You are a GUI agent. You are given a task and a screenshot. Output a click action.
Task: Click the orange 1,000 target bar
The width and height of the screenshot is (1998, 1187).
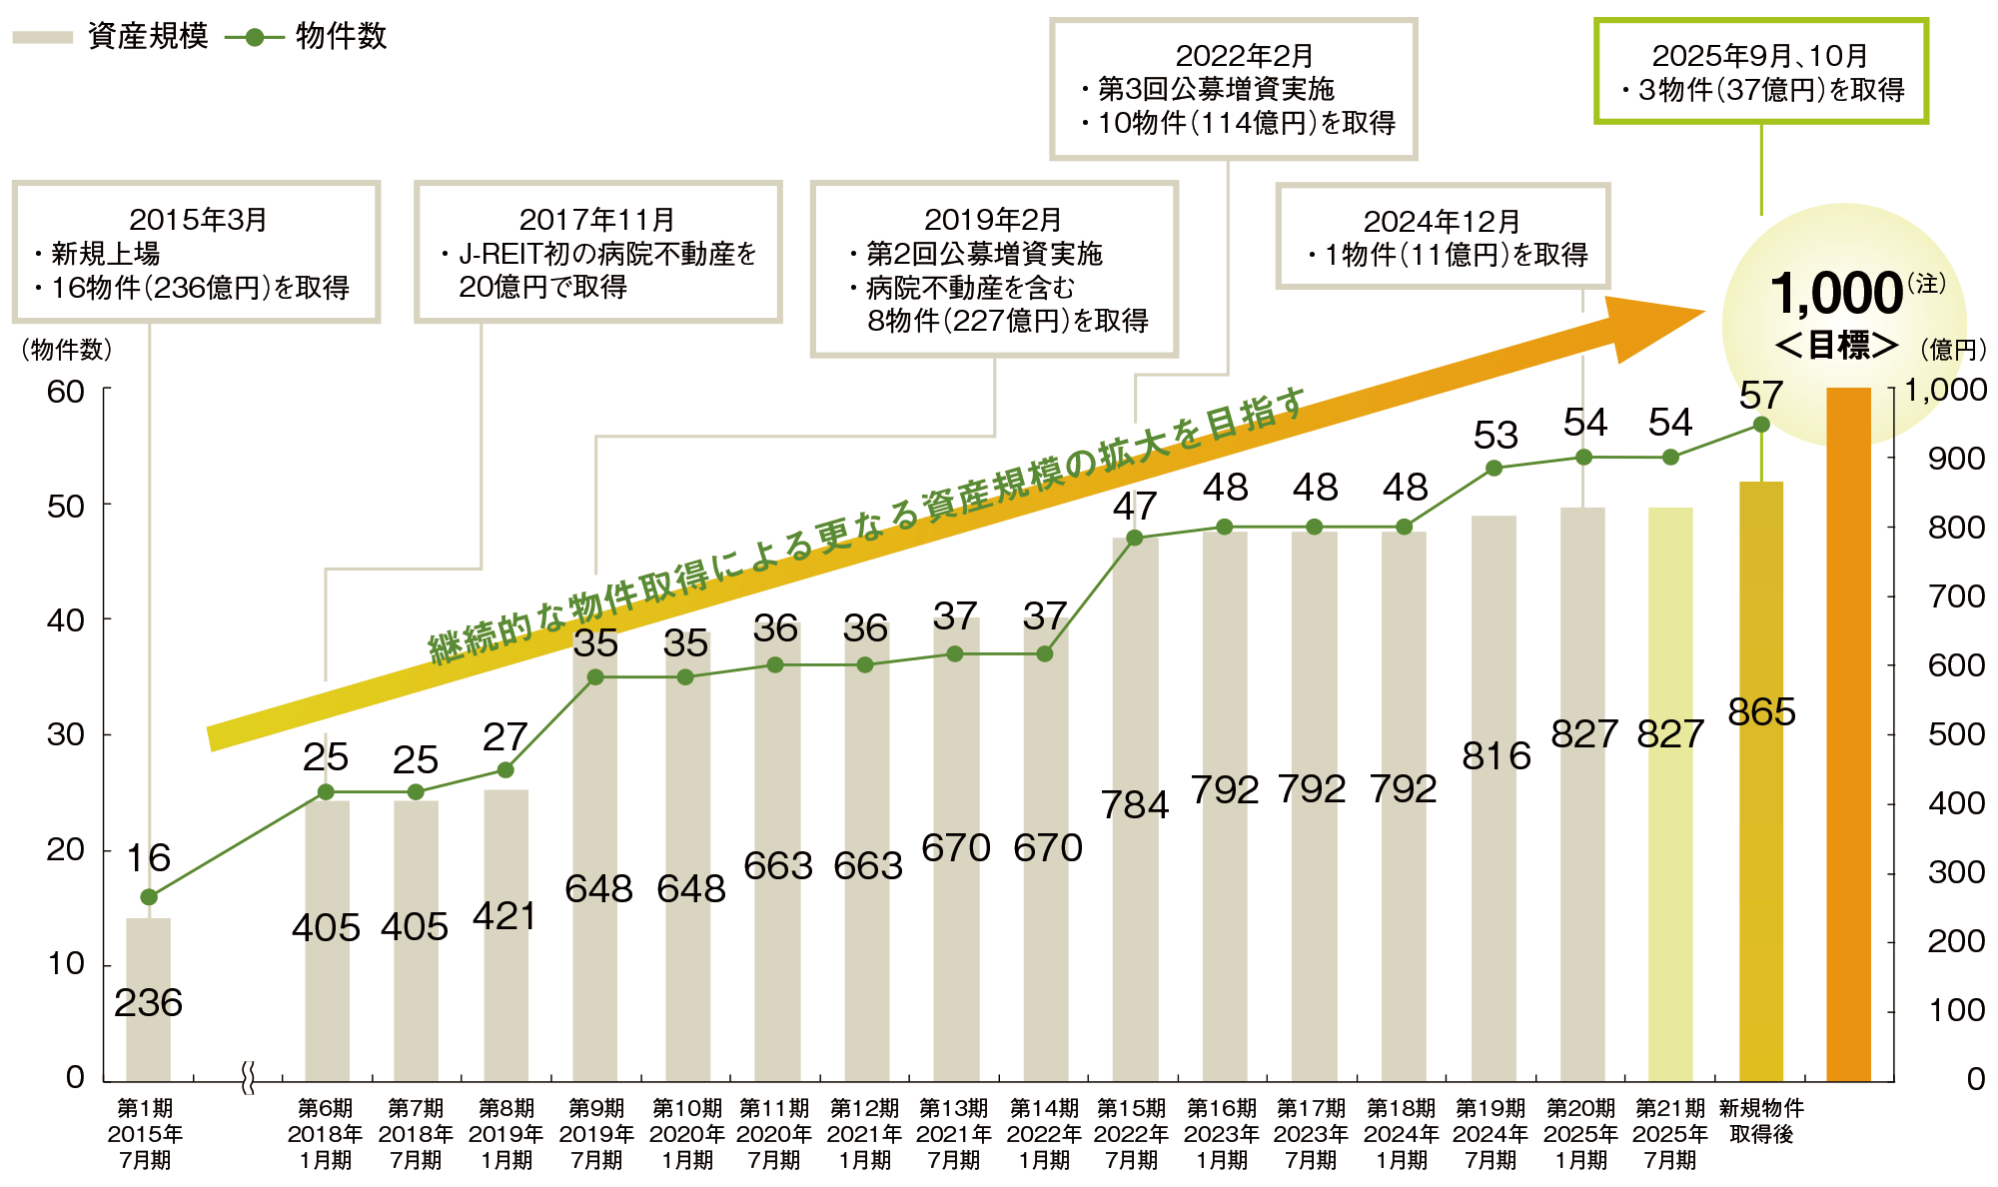(x=1848, y=734)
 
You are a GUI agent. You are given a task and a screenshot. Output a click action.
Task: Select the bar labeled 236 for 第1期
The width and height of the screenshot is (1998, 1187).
(x=148, y=999)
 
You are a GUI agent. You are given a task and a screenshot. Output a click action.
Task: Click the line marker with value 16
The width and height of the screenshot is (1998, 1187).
(x=149, y=896)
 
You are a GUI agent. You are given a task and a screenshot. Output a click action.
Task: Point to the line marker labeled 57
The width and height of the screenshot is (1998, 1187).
(x=1761, y=425)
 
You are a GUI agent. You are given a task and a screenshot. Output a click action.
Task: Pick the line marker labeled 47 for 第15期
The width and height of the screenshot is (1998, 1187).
(x=1134, y=539)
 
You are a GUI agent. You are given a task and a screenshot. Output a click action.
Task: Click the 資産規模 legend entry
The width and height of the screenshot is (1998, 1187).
(x=110, y=37)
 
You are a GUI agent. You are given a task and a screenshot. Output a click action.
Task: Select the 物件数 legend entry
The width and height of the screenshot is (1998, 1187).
(x=306, y=37)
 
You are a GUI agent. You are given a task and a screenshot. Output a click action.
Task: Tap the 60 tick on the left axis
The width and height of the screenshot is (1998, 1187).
(x=66, y=392)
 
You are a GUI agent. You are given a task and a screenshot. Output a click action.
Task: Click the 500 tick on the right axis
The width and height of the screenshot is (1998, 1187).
(x=1956, y=734)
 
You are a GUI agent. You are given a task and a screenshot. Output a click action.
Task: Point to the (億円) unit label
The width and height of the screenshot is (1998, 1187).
(x=1953, y=350)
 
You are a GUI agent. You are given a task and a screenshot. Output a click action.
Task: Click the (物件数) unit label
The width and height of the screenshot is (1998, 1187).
(x=66, y=350)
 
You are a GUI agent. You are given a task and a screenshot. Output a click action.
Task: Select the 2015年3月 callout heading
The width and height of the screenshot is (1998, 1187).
(x=198, y=220)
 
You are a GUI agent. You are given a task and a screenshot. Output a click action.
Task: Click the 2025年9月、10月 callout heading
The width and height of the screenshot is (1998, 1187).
(x=1759, y=56)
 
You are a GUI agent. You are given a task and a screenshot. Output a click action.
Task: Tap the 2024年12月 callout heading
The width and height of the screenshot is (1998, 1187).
(x=1442, y=221)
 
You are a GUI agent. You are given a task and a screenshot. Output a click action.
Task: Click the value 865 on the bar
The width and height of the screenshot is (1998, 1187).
(x=1761, y=712)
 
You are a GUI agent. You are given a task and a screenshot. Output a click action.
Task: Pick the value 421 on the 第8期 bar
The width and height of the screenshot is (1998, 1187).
(x=504, y=916)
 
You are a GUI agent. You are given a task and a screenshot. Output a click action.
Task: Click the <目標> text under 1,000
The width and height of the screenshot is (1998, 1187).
(x=1836, y=346)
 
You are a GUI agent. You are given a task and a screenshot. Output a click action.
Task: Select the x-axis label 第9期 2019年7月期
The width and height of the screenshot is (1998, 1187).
(x=596, y=1134)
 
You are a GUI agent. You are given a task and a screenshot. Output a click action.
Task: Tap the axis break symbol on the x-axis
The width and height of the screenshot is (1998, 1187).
(x=248, y=1079)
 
